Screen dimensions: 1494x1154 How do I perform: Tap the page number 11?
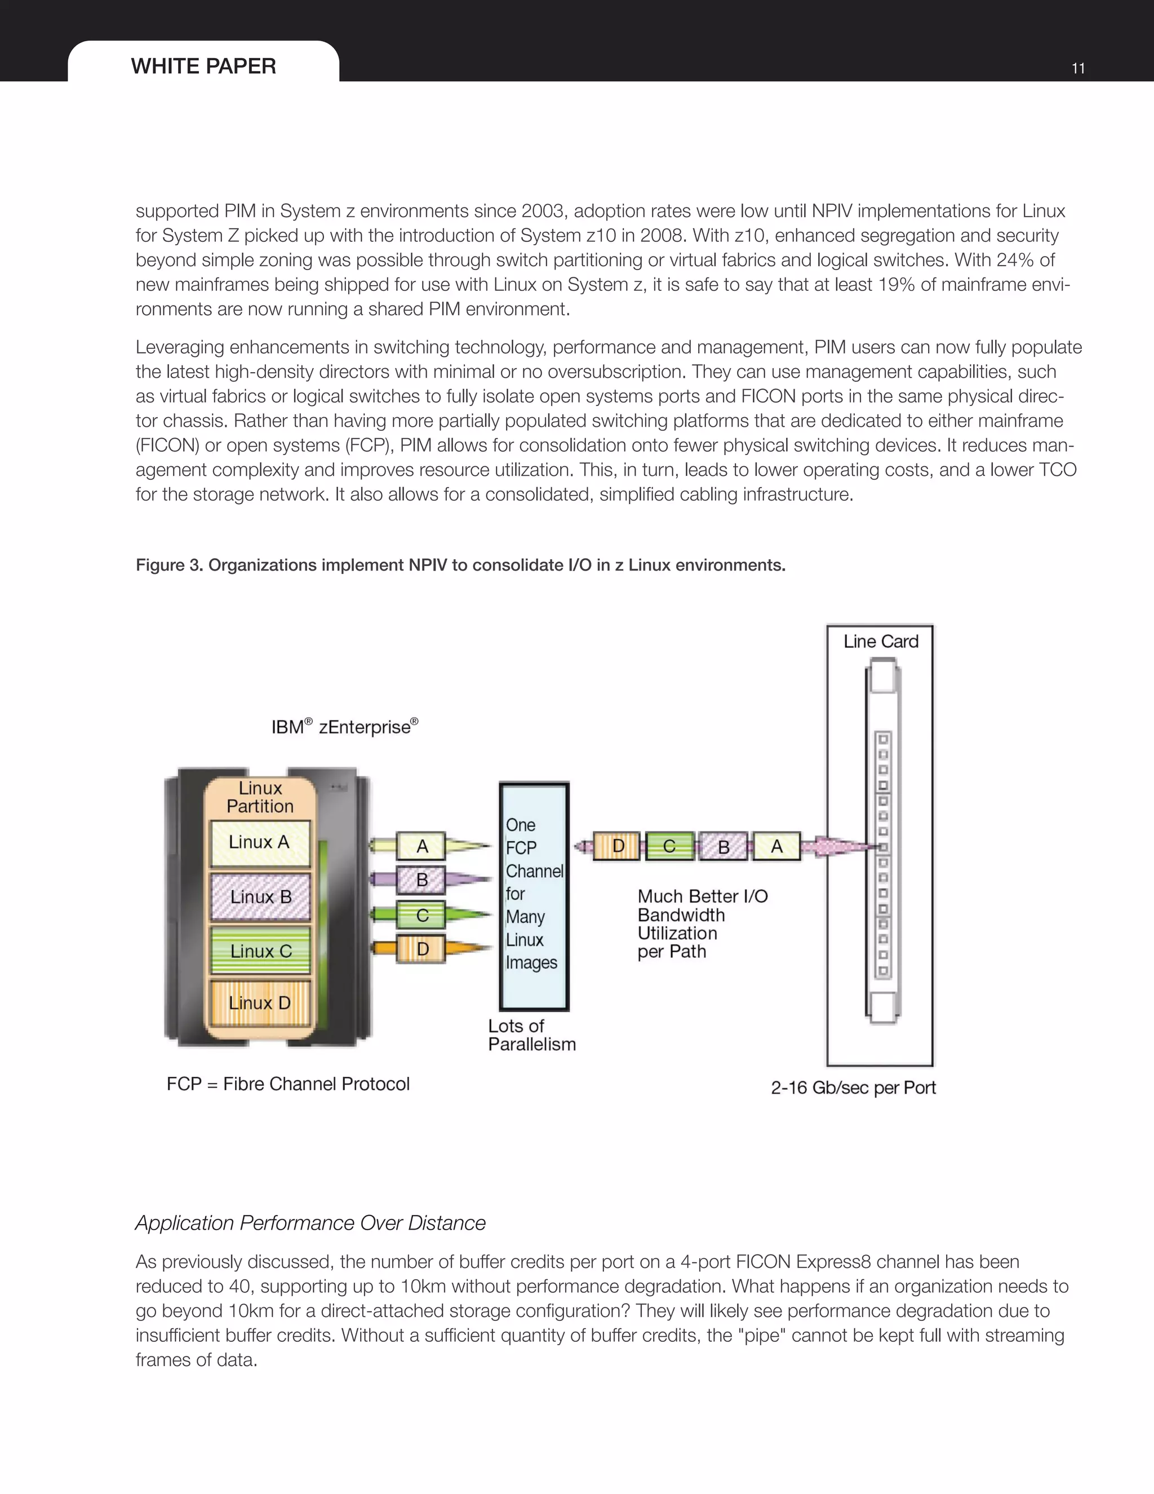tap(1078, 68)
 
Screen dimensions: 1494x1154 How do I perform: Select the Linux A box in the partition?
tap(259, 843)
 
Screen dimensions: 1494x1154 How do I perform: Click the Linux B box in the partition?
tap(260, 897)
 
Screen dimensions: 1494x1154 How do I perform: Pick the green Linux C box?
tap(260, 951)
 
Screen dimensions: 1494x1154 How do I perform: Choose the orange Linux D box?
tap(260, 1003)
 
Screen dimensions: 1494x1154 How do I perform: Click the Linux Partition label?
tap(260, 797)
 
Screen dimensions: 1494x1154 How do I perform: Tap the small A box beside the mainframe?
tap(422, 846)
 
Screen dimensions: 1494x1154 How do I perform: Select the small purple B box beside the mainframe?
tap(422, 879)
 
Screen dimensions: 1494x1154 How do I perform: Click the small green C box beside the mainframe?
tap(422, 915)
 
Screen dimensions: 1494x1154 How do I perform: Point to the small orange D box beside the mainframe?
tap(422, 949)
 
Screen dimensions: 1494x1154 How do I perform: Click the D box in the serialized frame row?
tap(618, 846)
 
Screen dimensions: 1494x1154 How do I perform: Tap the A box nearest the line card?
tap(776, 847)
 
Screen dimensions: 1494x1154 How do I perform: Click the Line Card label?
tap(881, 642)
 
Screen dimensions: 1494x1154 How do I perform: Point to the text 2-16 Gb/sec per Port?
tap(853, 1088)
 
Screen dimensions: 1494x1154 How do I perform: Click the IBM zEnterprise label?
tap(344, 727)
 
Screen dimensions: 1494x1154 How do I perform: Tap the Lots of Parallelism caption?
tap(531, 1035)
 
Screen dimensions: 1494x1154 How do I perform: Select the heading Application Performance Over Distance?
tap(310, 1223)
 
